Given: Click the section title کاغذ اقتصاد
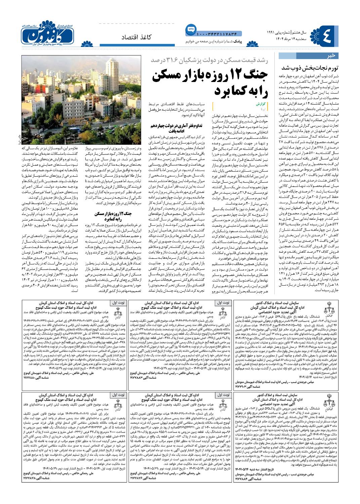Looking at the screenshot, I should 136,37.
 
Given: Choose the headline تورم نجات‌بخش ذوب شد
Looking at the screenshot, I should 315,67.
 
